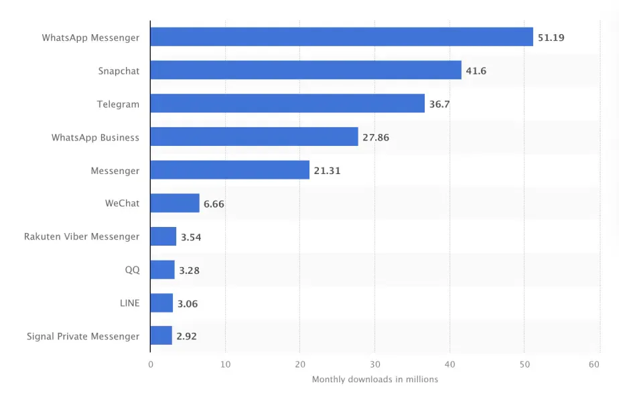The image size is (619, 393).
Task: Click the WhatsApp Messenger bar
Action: (342, 37)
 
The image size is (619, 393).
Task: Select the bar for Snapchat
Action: (305, 70)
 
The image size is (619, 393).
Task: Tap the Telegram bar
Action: (287, 103)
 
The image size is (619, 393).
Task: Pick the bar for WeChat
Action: (175, 203)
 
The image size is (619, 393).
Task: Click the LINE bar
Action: (161, 303)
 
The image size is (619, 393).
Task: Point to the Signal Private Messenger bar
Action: (161, 336)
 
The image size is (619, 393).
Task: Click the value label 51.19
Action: (551, 37)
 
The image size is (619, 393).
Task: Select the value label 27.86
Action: (375, 137)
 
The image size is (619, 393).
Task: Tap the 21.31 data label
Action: (327, 171)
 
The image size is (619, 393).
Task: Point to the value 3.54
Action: (192, 237)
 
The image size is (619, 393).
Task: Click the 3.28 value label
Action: (189, 270)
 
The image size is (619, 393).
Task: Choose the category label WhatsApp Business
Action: (95, 137)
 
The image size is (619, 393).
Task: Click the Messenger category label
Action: (115, 171)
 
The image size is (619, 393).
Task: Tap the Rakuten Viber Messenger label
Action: (82, 236)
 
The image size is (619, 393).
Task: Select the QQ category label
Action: (132, 270)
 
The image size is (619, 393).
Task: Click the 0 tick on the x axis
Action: (151, 365)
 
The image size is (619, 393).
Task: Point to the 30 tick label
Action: (374, 365)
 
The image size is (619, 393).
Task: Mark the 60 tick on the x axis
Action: (594, 365)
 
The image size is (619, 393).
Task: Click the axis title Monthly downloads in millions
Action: (374, 380)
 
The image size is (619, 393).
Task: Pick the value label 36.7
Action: (439, 104)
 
